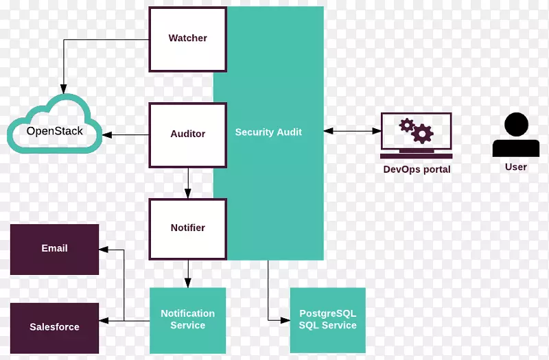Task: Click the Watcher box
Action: coord(187,39)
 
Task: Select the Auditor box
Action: coord(187,134)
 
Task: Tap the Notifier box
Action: coord(187,228)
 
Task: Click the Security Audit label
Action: coord(268,132)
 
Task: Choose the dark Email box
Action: coord(54,249)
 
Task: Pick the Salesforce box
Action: coord(54,327)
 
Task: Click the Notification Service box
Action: coord(187,320)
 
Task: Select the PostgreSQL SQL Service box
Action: coord(327,320)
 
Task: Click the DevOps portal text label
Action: coord(417,169)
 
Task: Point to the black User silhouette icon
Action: coord(515,135)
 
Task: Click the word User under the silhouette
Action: coord(515,167)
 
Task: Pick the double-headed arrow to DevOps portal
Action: coord(353,130)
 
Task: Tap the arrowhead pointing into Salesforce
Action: coord(104,320)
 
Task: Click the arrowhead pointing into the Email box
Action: coord(104,249)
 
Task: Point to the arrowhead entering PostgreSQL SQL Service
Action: coord(286,320)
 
